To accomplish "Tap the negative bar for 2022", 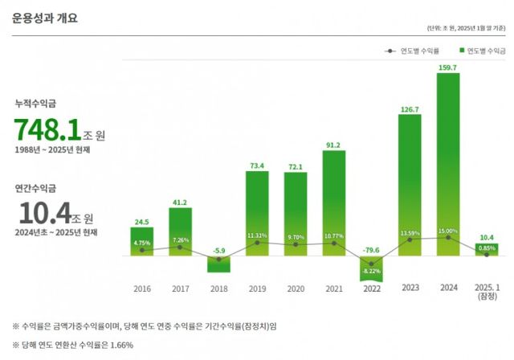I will pyautogui.click(x=371, y=268).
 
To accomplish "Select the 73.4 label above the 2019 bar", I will pyautogui.click(x=257, y=166).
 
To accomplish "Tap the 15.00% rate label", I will pyautogui.click(x=448, y=231).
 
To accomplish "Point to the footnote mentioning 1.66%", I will pyautogui.click(x=72, y=346).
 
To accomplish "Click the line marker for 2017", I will pyautogui.click(x=180, y=247).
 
